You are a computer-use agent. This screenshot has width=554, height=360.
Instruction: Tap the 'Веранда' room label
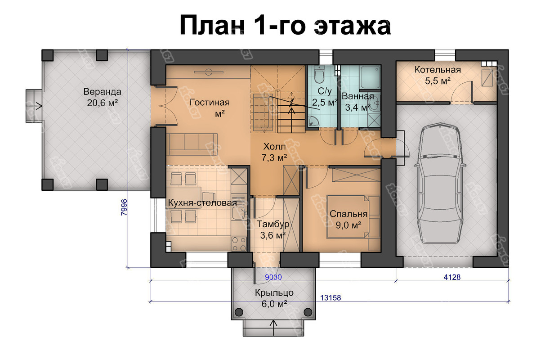coord(102,92)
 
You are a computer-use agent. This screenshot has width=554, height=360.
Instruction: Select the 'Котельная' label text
coord(438,70)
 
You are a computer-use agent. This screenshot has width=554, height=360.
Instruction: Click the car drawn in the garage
coord(441,183)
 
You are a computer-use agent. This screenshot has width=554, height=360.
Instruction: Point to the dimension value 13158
coord(331,297)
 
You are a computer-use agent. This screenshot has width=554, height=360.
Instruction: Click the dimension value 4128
coord(452,277)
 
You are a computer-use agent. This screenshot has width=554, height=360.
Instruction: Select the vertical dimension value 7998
coord(124,207)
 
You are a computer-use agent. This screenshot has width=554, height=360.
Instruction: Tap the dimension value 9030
coord(273,277)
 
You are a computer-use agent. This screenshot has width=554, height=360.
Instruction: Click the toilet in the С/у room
coord(319,74)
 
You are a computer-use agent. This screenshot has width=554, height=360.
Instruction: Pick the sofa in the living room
coord(192,144)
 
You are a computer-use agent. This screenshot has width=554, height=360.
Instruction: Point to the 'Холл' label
coord(274,146)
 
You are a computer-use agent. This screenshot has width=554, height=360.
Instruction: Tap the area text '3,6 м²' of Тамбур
coord(273,235)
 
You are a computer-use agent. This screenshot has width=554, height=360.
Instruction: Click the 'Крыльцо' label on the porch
coord(274,293)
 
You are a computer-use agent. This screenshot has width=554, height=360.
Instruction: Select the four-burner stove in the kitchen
coord(239,244)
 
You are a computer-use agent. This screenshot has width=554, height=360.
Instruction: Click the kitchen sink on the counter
coord(239,212)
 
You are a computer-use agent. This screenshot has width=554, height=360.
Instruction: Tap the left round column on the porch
coord(239,312)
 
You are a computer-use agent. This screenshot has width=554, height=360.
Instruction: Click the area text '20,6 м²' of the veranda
coord(102,103)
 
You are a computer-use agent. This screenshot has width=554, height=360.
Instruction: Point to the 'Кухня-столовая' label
coord(202,203)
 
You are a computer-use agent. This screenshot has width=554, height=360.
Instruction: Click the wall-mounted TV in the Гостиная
coord(209,72)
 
